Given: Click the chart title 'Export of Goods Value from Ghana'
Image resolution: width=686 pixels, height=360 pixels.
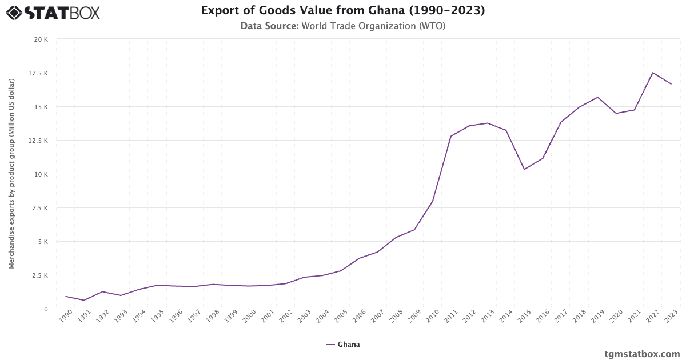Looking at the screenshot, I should click(343, 11).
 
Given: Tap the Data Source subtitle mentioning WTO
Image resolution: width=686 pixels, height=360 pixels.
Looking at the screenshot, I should click(343, 26).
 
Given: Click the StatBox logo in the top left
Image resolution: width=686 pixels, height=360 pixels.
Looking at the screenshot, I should click(53, 13).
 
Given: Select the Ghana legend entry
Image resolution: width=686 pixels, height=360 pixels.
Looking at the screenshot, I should click(343, 345).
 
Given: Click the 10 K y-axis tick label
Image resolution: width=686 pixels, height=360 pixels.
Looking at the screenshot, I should click(41, 174).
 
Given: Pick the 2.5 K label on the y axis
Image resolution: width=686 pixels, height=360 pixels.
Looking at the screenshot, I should click(39, 275).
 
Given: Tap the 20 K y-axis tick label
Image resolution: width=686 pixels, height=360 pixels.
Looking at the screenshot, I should click(41, 39).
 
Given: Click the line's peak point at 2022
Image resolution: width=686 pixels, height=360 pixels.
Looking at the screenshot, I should click(652, 73).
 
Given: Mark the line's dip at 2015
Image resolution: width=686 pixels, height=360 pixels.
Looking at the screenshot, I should click(524, 169).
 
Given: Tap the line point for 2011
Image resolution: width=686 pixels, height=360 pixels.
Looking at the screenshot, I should click(450, 136).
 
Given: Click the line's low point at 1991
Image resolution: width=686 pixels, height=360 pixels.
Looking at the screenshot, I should click(84, 300).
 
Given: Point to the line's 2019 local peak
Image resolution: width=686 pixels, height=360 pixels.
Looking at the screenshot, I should click(597, 97).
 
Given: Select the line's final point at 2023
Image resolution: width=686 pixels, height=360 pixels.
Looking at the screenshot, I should click(671, 84).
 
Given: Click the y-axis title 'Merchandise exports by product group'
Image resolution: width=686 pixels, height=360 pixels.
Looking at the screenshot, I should click(11, 174).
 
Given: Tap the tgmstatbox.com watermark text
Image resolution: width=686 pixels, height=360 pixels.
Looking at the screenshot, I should click(642, 354).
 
